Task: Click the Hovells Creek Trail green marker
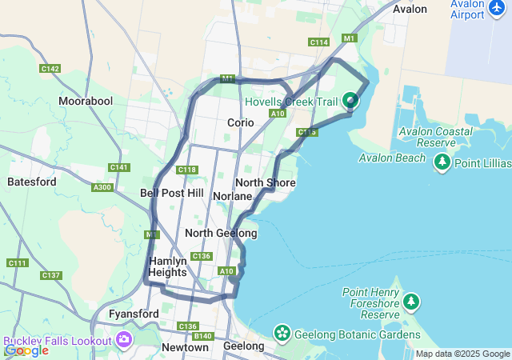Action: tap(350, 101)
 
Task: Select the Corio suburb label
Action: tap(240, 122)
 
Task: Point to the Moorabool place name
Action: tap(86, 102)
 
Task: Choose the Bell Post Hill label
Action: tap(171, 193)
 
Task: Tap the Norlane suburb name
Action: tap(233, 196)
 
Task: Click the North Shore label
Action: tap(266, 183)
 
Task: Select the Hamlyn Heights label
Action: tap(168, 266)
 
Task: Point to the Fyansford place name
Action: tap(134, 314)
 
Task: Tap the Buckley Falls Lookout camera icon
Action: tap(124, 340)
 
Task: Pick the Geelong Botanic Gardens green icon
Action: tap(282, 332)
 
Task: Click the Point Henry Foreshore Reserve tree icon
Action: tap(411, 302)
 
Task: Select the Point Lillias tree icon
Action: tap(442, 162)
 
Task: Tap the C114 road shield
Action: tap(318, 42)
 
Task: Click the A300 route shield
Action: tap(102, 187)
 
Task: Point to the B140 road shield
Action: tap(203, 336)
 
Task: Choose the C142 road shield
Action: tap(50, 69)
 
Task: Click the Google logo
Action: tap(26, 350)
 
